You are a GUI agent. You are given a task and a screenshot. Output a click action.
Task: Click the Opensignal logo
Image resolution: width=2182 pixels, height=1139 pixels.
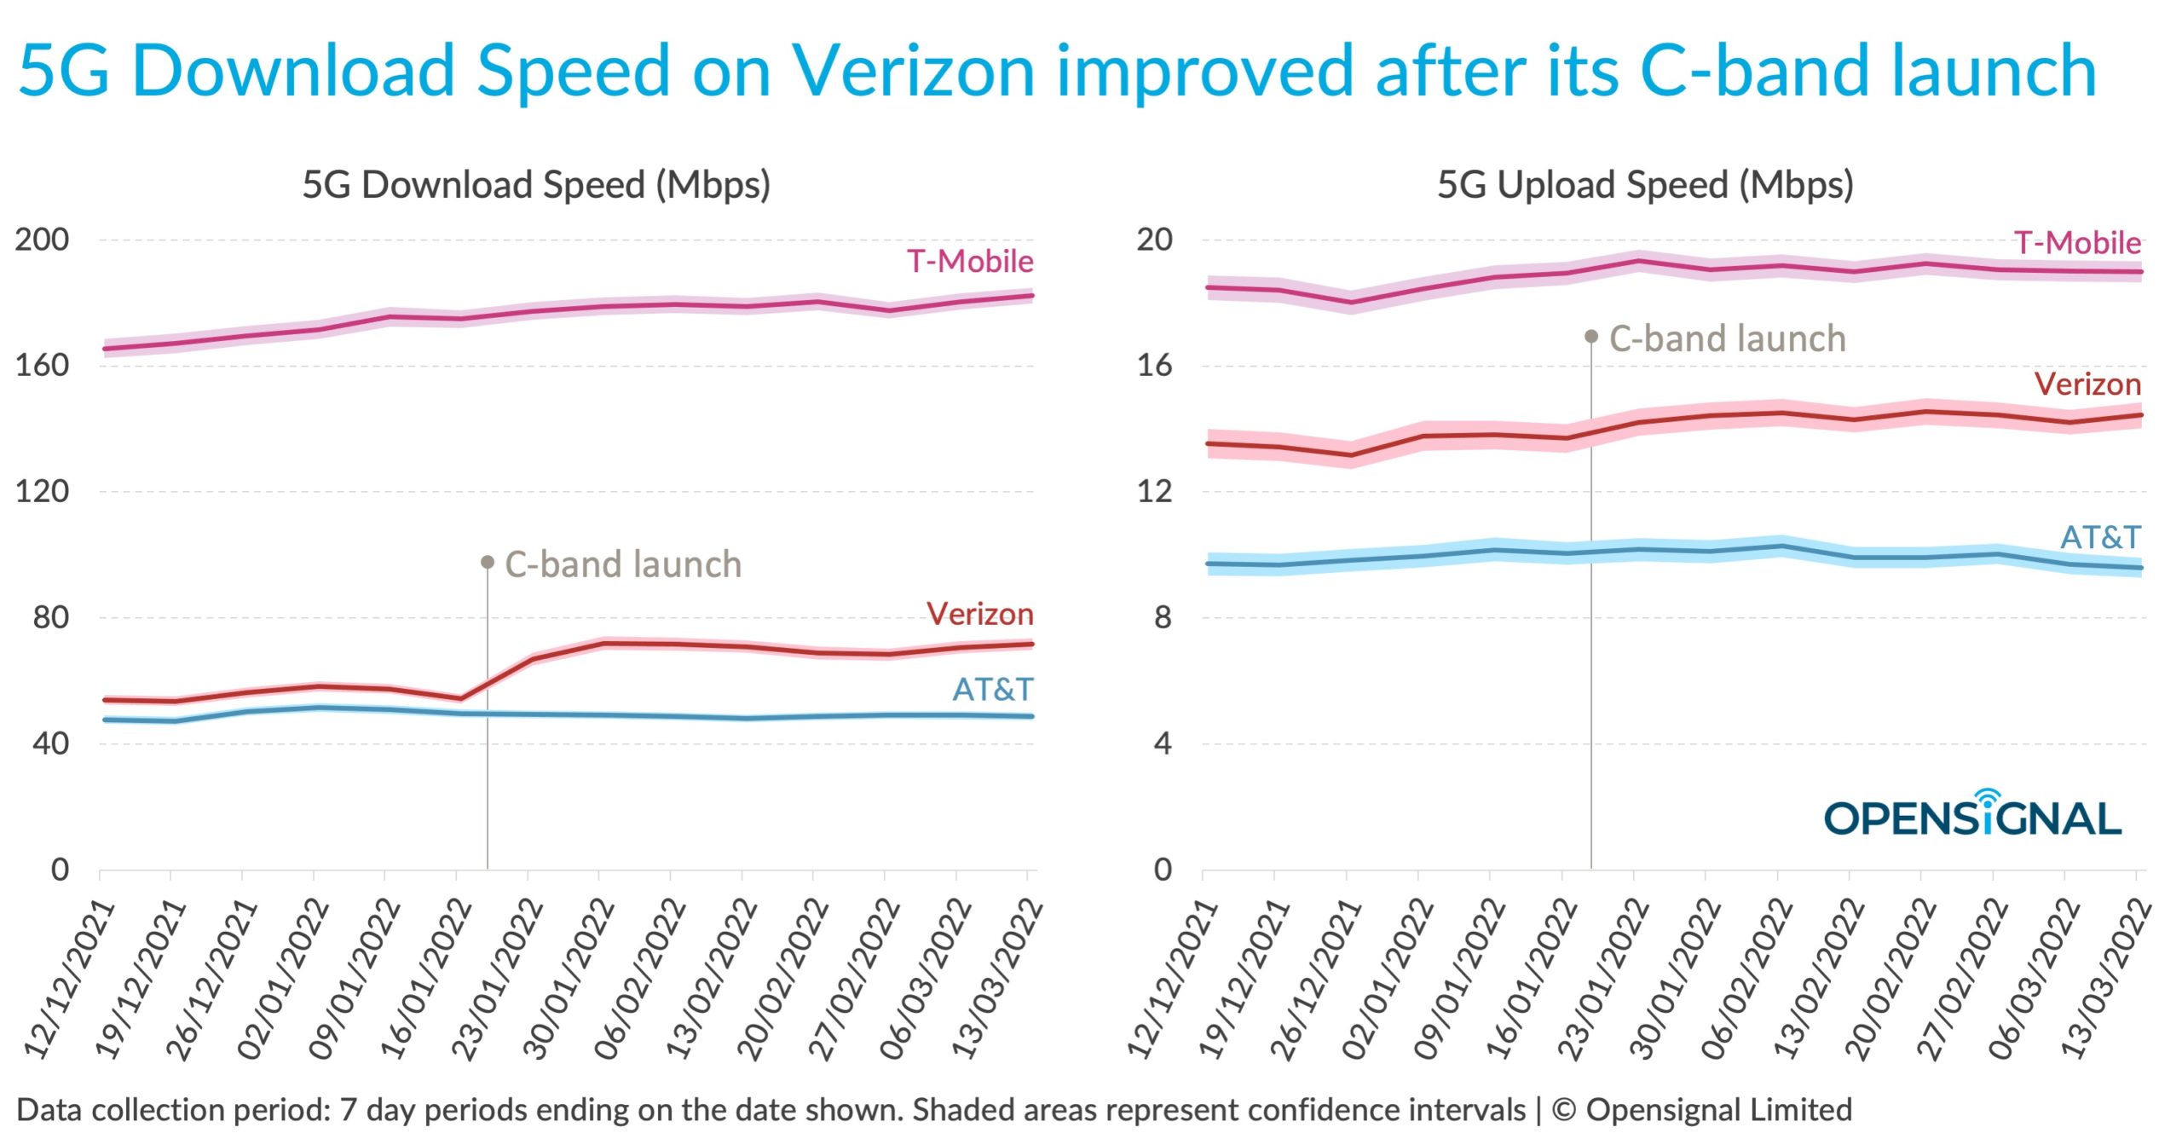(1971, 816)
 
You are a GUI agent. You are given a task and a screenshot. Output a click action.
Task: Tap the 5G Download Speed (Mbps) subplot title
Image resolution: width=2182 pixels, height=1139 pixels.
(536, 185)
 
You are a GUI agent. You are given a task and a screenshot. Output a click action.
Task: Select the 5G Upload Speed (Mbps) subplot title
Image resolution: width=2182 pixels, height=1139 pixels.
(1645, 185)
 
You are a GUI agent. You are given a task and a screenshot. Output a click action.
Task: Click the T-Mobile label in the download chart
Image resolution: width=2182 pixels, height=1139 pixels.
(970, 261)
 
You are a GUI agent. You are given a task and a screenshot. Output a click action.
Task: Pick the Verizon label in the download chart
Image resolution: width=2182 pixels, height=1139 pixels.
(980, 614)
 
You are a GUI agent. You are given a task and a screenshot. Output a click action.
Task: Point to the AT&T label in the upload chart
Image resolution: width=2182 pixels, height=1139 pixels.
(2100, 537)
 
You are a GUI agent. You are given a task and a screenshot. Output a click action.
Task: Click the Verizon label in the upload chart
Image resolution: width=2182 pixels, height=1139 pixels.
(2087, 384)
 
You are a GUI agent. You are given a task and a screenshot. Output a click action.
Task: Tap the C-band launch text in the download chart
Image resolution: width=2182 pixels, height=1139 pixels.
(623, 564)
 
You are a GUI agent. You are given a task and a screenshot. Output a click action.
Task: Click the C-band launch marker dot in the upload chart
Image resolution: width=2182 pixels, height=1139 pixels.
(1591, 337)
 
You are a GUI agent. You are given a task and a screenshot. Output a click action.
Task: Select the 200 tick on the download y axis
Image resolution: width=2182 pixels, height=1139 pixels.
(42, 240)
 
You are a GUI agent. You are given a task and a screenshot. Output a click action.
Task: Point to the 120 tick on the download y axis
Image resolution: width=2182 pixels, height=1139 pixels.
(42, 491)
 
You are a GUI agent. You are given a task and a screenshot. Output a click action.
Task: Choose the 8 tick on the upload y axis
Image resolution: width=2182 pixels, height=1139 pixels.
(1163, 617)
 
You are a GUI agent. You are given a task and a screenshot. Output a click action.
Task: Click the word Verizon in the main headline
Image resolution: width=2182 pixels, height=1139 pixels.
(913, 70)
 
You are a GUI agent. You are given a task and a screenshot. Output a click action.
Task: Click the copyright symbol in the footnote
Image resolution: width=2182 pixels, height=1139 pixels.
(1563, 1110)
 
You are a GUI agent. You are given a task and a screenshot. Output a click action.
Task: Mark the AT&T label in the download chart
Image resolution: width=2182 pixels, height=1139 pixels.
(993, 689)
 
